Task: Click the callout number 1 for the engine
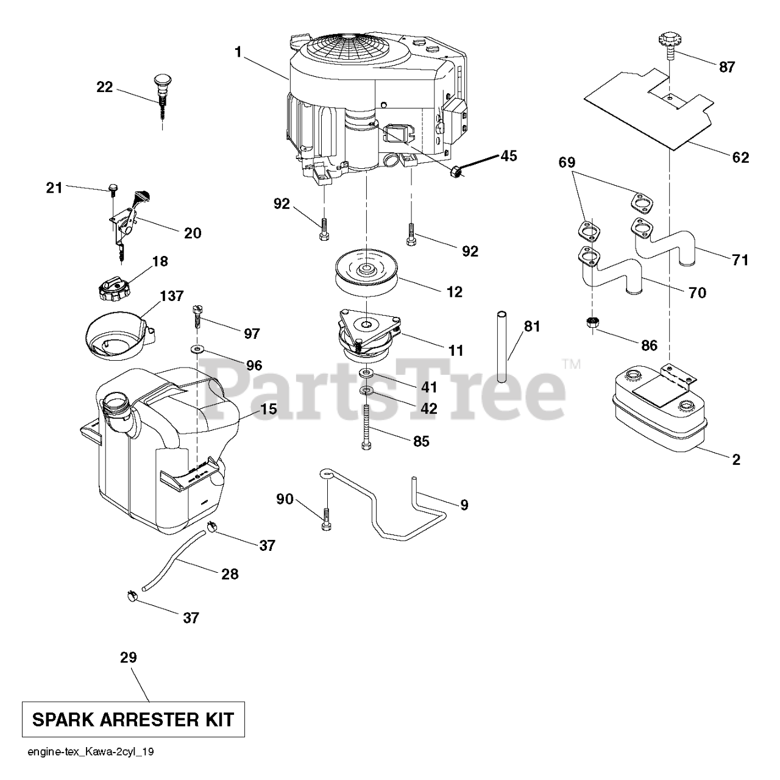point(238,52)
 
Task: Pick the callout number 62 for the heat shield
point(740,157)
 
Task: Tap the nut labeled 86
point(590,322)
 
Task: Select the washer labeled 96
point(197,349)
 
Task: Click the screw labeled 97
point(196,316)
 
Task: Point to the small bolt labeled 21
point(112,188)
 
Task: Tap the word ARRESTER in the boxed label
point(144,720)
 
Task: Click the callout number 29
point(129,658)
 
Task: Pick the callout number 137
point(171,296)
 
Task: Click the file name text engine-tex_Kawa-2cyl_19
point(90,752)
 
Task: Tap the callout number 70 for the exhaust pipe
point(697,293)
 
